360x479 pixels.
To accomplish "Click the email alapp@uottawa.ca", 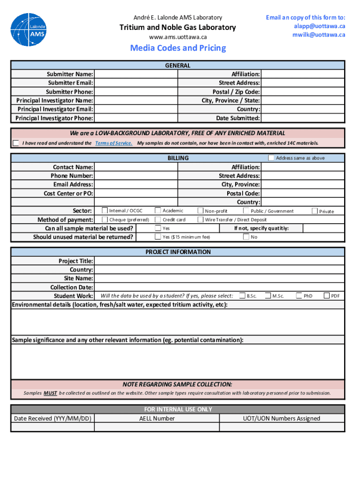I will (x=320, y=26).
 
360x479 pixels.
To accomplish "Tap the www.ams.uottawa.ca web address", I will (x=177, y=37).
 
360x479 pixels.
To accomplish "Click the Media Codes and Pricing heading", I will (x=178, y=48).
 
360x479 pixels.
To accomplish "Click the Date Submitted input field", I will (x=302, y=118).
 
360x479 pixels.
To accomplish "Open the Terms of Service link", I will (x=114, y=143).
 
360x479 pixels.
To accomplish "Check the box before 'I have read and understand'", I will (x=16, y=143).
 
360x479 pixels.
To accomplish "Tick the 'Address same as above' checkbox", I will (x=271, y=158).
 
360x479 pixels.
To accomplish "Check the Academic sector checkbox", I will (x=158, y=211).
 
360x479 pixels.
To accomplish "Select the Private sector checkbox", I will (x=315, y=211).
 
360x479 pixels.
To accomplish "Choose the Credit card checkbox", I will (x=158, y=219).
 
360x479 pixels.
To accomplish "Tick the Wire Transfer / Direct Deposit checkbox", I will (x=201, y=219).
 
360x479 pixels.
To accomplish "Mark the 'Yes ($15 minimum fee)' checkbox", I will (x=158, y=237).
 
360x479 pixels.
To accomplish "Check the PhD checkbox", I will (x=299, y=296).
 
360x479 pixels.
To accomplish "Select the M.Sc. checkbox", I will (x=268, y=296).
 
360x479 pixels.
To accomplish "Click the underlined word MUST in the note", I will (x=50, y=393).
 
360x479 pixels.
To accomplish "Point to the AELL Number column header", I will (x=157, y=419).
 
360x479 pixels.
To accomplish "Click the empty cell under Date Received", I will (x=52, y=427).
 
